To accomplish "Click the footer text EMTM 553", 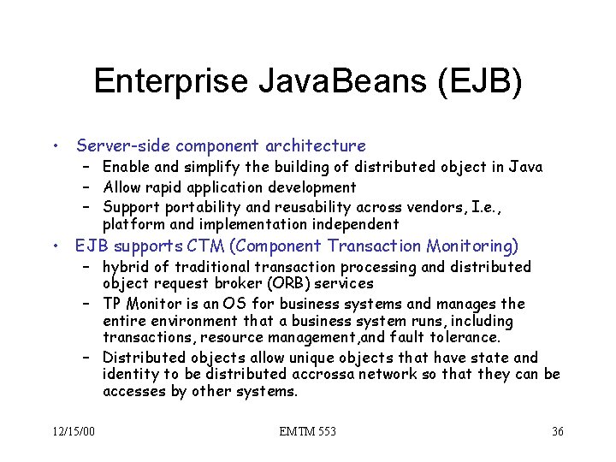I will pyautogui.click(x=307, y=431).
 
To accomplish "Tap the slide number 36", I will pyautogui.click(x=557, y=431).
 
